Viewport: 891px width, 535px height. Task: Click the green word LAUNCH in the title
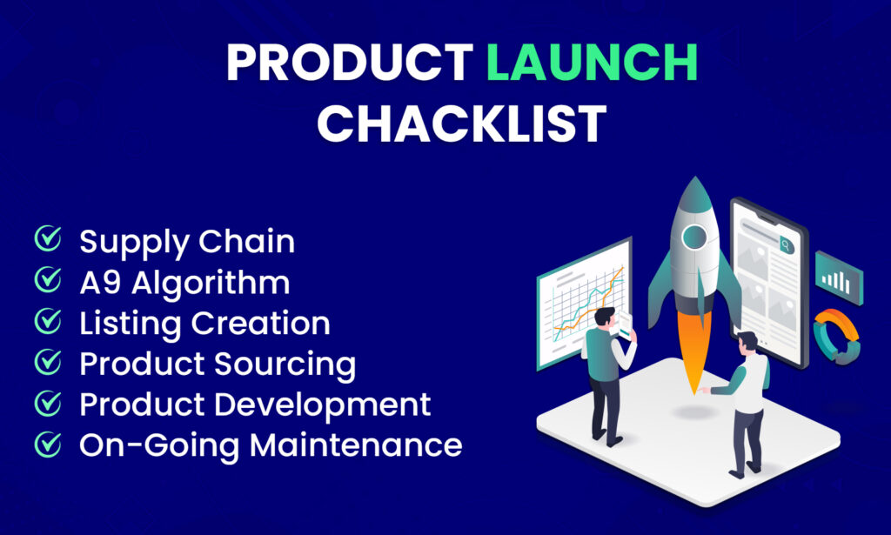pyautogui.click(x=592, y=64)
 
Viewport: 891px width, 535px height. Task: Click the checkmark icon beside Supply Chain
pyautogui.click(x=47, y=240)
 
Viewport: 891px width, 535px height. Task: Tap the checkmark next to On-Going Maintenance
pyautogui.click(x=47, y=445)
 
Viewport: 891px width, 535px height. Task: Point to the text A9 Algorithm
pyautogui.click(x=184, y=283)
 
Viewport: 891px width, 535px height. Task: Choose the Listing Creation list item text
pyautogui.click(x=204, y=324)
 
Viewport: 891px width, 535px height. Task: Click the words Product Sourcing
pyautogui.click(x=218, y=364)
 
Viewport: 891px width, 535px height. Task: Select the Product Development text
pyautogui.click(x=255, y=405)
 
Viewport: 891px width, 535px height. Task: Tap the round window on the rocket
pyautogui.click(x=693, y=237)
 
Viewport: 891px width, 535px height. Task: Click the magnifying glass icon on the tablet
pyautogui.click(x=787, y=245)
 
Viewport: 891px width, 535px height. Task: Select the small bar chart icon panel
pyautogui.click(x=838, y=278)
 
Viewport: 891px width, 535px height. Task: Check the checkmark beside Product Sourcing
pyautogui.click(x=47, y=364)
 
